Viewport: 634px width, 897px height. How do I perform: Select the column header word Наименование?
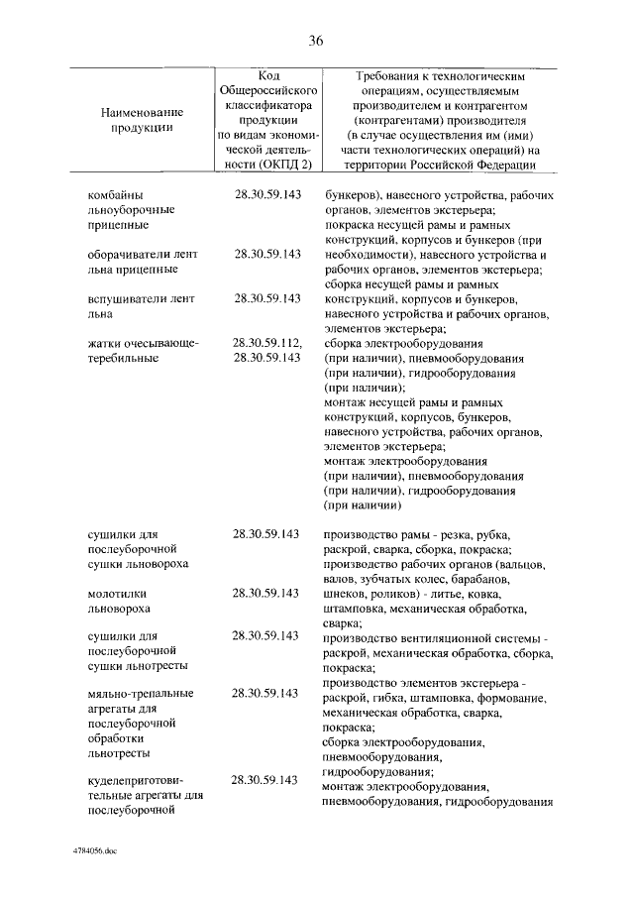point(143,112)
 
